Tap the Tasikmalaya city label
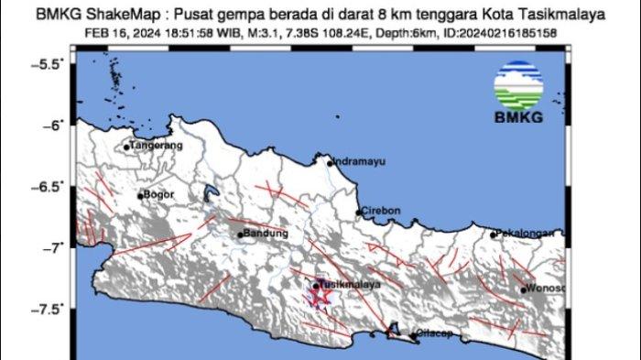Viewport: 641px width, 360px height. pos(349,284)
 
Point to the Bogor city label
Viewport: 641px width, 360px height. pos(158,195)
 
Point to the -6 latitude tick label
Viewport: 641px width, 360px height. pos(54,125)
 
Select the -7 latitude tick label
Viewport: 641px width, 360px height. pos(54,247)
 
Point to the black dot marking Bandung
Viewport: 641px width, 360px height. pos(241,235)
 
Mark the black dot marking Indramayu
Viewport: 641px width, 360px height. pos(331,164)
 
